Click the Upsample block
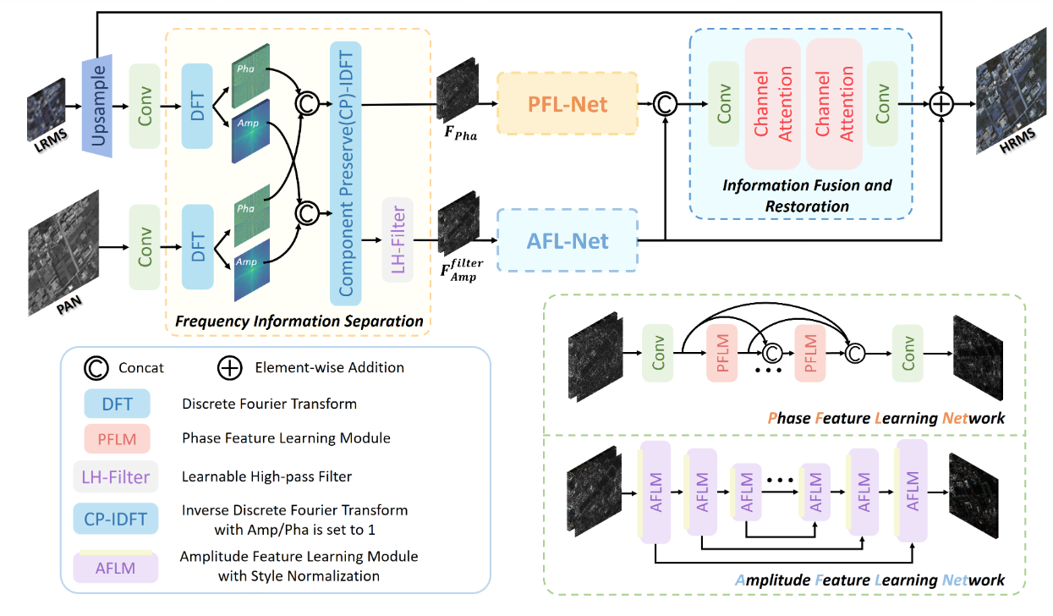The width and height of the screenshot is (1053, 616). [x=97, y=105]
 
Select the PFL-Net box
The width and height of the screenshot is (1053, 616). [x=567, y=103]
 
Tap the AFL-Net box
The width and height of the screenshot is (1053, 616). [x=567, y=241]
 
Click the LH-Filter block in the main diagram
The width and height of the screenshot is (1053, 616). [x=397, y=240]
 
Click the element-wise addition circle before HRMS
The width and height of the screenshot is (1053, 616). [x=941, y=104]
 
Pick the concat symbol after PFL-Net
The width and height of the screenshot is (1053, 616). [x=666, y=104]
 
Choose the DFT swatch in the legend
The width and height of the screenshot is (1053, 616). [x=117, y=404]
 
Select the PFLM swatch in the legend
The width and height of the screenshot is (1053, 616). [x=117, y=438]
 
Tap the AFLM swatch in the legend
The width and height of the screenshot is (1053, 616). [x=117, y=566]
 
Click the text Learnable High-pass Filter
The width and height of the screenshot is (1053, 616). [x=266, y=476]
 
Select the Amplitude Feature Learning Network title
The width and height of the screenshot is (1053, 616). [x=870, y=580]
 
